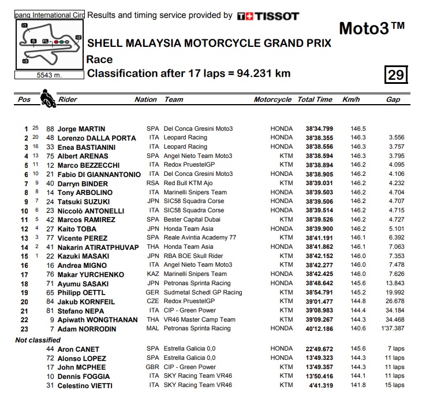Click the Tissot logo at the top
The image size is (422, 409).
268,16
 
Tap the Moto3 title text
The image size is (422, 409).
371,28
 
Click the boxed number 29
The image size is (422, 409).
397,75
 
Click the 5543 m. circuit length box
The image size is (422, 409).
49,75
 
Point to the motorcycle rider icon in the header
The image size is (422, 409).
47,99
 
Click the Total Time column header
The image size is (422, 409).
315,100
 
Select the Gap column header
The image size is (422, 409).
393,100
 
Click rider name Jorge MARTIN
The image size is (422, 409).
81,129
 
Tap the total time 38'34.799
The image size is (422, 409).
319,129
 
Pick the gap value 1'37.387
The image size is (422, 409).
393,329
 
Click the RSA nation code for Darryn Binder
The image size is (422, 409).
152,183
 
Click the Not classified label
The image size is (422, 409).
38,340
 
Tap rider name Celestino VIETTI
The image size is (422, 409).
85,386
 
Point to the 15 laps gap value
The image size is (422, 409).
395,386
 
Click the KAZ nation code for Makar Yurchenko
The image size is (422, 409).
152,274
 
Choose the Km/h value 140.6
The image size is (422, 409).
358,329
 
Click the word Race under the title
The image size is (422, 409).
99,59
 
